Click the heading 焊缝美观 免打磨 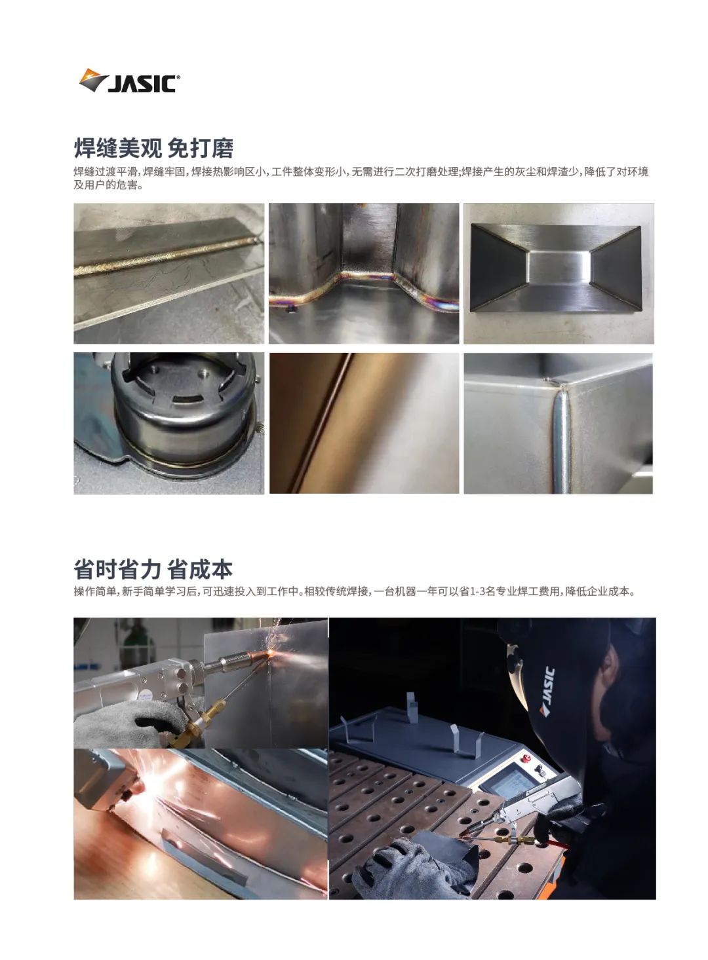coord(153,148)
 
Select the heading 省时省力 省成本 coord(153,569)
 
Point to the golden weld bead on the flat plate coord(167,256)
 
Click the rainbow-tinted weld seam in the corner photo coord(364,287)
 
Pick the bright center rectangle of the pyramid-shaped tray coord(559,267)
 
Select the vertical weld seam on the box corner coord(562,437)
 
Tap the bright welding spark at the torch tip coord(272,652)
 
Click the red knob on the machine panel coord(524,759)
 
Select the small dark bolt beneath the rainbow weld coord(292,308)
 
